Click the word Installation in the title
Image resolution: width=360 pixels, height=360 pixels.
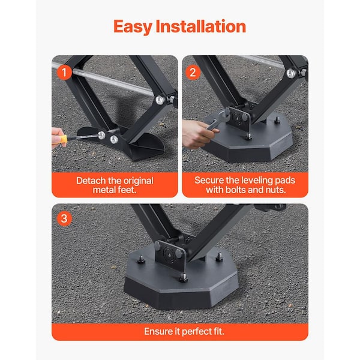point(205,26)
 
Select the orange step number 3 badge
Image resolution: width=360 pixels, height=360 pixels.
point(65,218)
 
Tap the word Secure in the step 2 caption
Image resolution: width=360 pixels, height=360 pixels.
point(210,180)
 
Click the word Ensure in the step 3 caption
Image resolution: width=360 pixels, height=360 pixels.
point(158,331)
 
